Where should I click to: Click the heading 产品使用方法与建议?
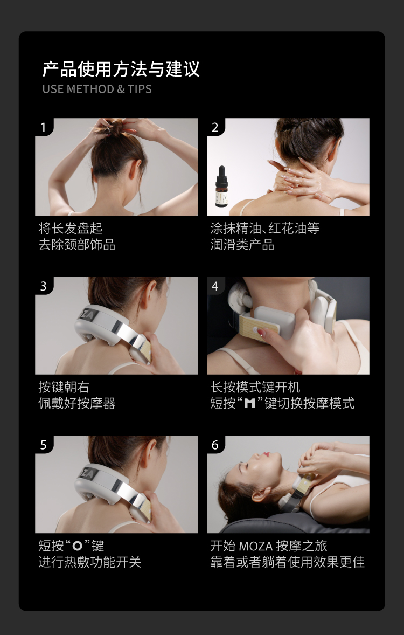(121, 69)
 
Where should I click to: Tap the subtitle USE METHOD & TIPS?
(97, 89)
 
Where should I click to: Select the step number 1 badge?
(44, 127)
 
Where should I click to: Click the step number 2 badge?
(215, 127)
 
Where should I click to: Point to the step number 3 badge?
(44, 286)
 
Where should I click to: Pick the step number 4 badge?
(215, 286)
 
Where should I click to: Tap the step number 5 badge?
(44, 445)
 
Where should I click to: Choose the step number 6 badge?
(215, 445)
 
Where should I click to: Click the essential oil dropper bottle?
(221, 187)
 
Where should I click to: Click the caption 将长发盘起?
(71, 229)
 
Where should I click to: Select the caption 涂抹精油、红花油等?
(264, 229)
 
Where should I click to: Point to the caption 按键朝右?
(64, 387)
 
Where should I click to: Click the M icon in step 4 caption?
(250, 404)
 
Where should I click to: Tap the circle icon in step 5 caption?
(77, 546)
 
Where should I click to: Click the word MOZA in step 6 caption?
(255, 546)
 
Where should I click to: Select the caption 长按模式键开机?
(255, 387)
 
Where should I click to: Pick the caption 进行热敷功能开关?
(90, 562)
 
